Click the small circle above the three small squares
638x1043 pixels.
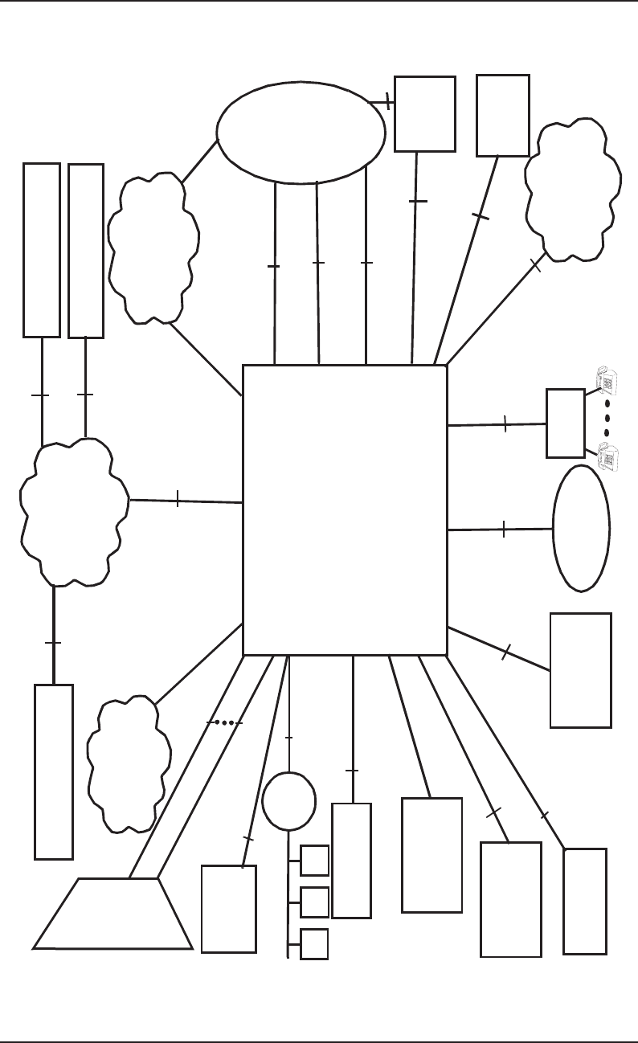coord(288,801)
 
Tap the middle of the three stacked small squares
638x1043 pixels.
coord(314,902)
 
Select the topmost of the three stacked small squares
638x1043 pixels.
coord(314,860)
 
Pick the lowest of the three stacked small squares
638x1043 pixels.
coord(314,943)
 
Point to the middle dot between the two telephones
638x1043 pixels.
coord(607,419)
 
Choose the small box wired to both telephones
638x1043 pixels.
coord(565,423)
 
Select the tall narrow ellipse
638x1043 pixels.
coord(581,528)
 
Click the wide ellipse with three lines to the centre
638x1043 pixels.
coord(301,133)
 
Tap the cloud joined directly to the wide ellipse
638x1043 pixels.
coord(153,248)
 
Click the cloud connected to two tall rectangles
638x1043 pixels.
coord(74,512)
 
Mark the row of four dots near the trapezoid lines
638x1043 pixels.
coord(225,722)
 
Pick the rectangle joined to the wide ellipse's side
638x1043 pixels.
coord(424,113)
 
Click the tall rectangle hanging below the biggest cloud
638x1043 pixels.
coord(54,771)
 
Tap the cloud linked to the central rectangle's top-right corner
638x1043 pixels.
coord(572,190)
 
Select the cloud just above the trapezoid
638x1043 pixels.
coord(129,763)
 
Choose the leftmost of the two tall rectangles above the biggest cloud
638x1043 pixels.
coord(42,250)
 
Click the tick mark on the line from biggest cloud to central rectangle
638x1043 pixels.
coord(177,499)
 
